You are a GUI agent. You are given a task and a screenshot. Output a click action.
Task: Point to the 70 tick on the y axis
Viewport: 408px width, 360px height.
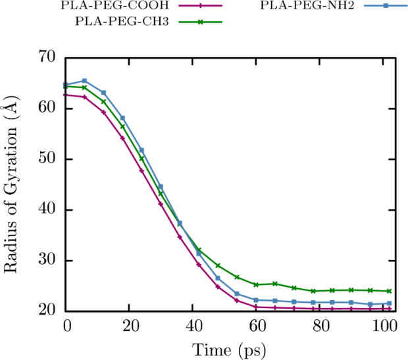48,58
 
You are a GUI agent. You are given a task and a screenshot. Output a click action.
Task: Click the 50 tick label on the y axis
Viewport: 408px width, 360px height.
48,159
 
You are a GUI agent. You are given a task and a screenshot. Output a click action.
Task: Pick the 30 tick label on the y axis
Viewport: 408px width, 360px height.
48,261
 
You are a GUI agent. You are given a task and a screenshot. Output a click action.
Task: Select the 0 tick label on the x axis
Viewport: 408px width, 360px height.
66,325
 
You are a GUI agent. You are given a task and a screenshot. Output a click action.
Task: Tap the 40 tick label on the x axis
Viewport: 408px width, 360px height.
193,325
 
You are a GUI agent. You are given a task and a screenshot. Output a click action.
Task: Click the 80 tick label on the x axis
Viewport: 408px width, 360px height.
320,325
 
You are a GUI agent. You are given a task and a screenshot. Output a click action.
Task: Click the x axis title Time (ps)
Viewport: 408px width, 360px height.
228,347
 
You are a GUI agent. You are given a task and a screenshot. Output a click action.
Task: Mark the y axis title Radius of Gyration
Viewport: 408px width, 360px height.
12,184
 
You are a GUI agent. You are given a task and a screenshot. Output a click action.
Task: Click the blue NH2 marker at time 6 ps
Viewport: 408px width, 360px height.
84,81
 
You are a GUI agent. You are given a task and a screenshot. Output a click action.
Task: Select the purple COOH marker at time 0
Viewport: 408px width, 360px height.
65,95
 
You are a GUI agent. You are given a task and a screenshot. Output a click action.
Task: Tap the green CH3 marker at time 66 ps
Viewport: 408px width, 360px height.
275,284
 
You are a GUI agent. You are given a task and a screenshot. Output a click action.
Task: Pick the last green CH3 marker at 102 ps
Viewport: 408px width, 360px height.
390,291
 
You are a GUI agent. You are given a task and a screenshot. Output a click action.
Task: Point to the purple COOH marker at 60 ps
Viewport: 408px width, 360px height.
256,307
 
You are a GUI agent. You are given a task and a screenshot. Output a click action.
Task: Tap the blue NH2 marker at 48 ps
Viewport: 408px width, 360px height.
218,278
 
